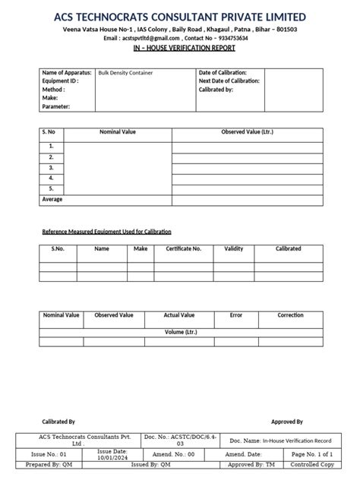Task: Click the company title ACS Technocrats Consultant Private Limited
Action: pos(180,17)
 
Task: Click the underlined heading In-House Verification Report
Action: pos(180,48)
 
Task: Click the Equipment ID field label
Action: pos(61,81)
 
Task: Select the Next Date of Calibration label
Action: pos(229,81)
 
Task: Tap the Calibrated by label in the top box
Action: pos(216,90)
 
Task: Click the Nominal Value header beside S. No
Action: pos(118,132)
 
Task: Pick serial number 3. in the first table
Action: pos(51,167)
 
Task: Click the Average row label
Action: pos(52,199)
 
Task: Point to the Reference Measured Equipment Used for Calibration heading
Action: pos(106,231)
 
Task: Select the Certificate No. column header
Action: pos(183,248)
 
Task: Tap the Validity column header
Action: pos(234,248)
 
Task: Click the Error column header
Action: pos(235,314)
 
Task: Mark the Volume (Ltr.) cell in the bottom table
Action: pos(181,332)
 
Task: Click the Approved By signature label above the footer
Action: pos(287,422)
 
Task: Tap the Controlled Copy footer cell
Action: pos(312,464)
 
